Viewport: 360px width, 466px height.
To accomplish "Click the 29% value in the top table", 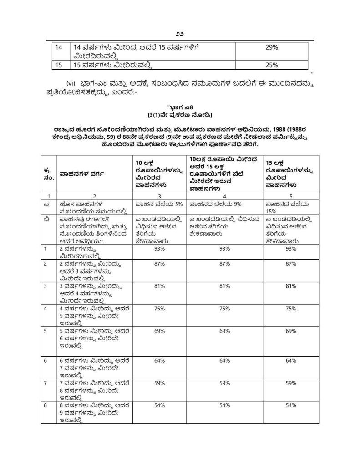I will [272, 47].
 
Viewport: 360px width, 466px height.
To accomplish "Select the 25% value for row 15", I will [272, 65].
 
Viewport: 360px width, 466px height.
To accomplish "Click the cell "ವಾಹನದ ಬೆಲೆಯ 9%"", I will [215, 204].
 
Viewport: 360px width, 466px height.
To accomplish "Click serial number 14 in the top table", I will [58, 47].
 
